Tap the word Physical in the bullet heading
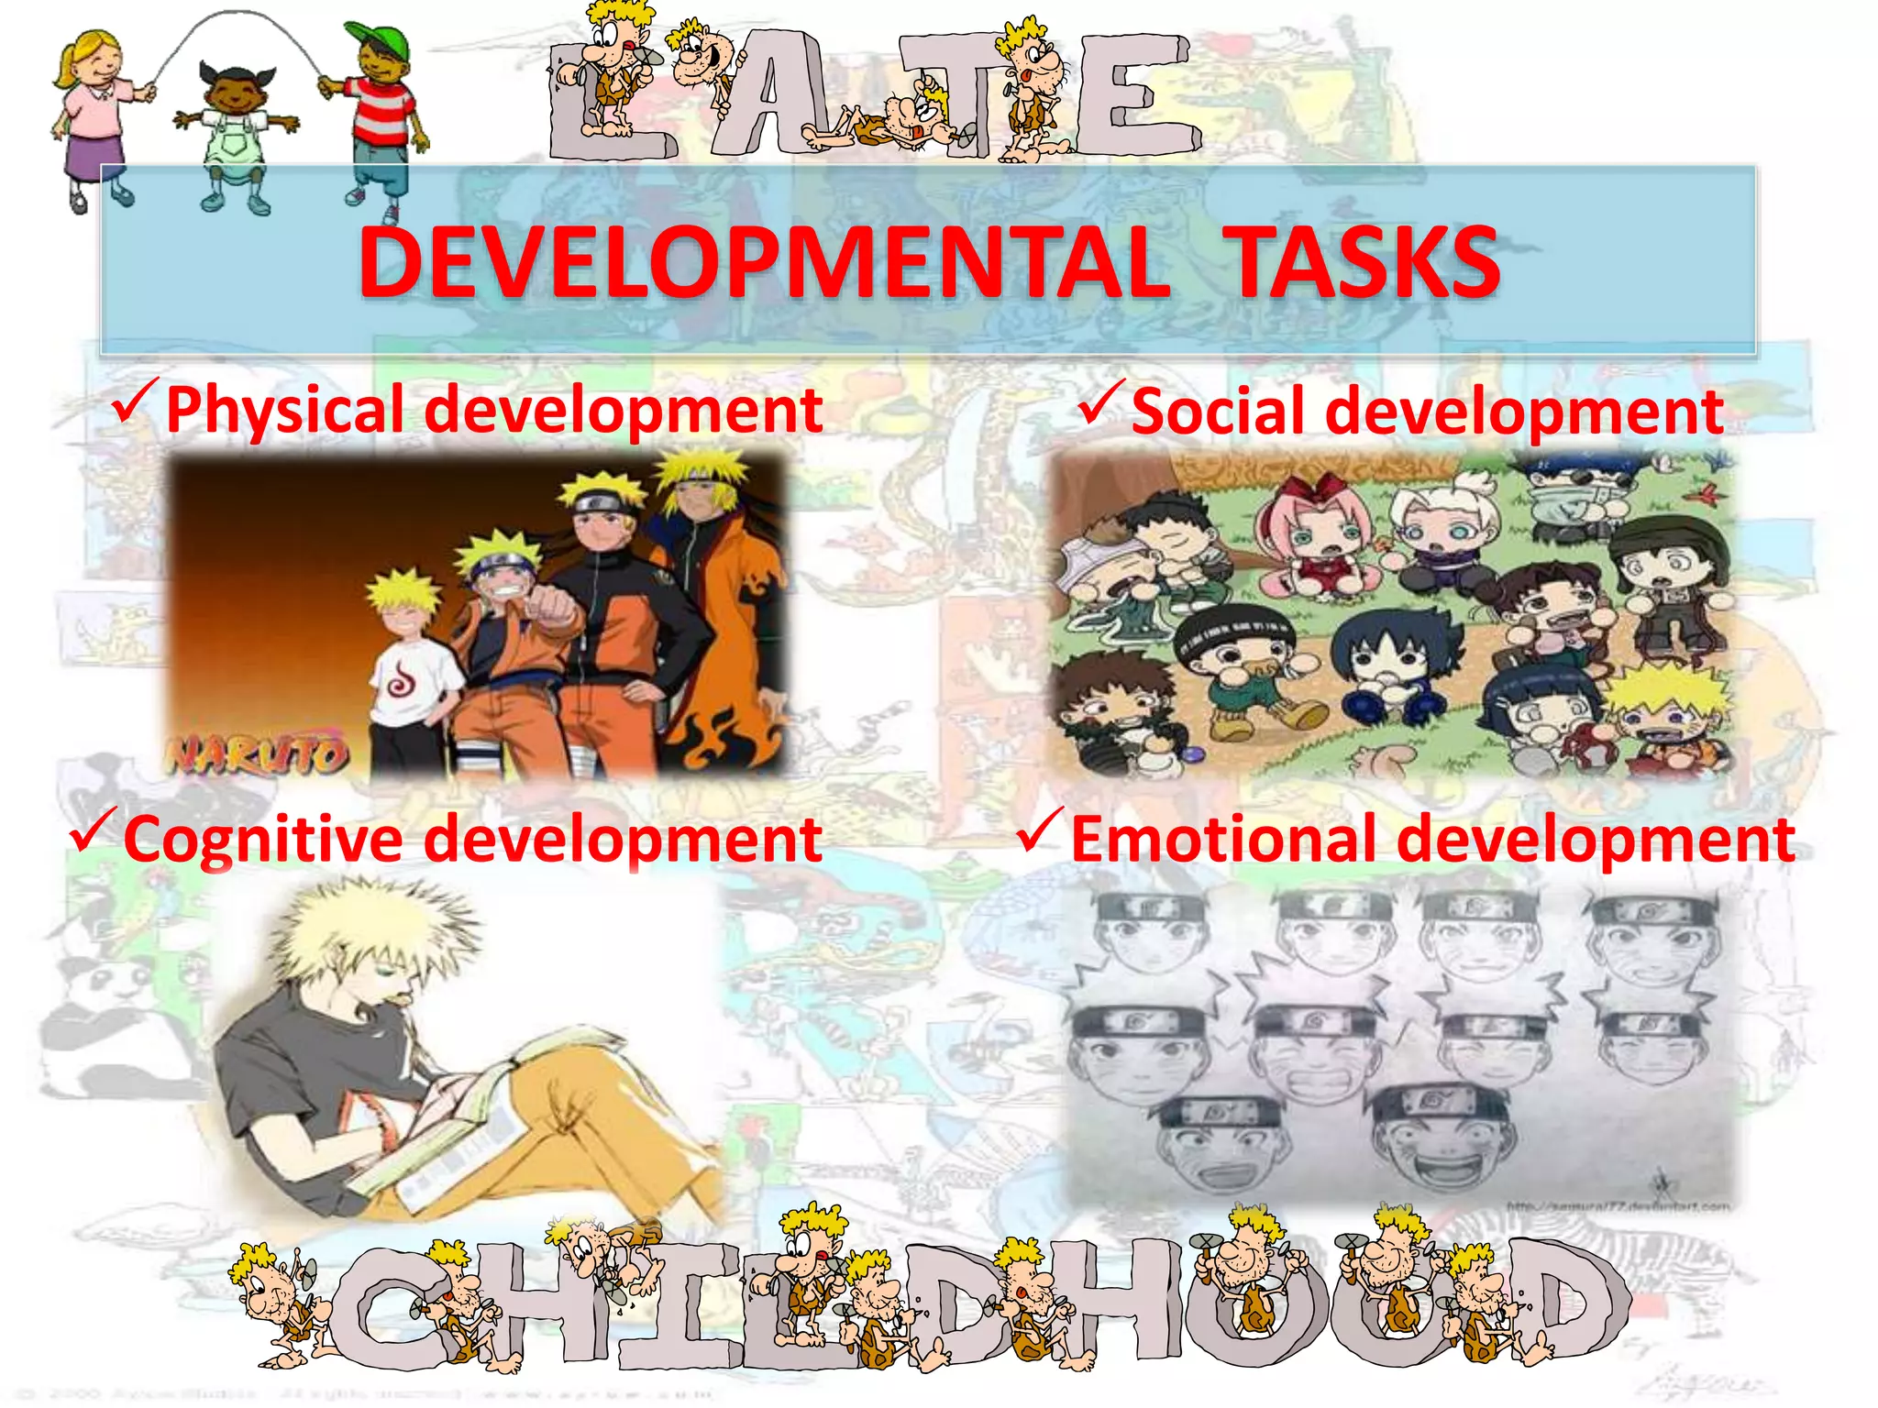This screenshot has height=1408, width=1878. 284,410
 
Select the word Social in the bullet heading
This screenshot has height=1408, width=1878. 1217,412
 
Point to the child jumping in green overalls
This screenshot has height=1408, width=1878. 235,137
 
